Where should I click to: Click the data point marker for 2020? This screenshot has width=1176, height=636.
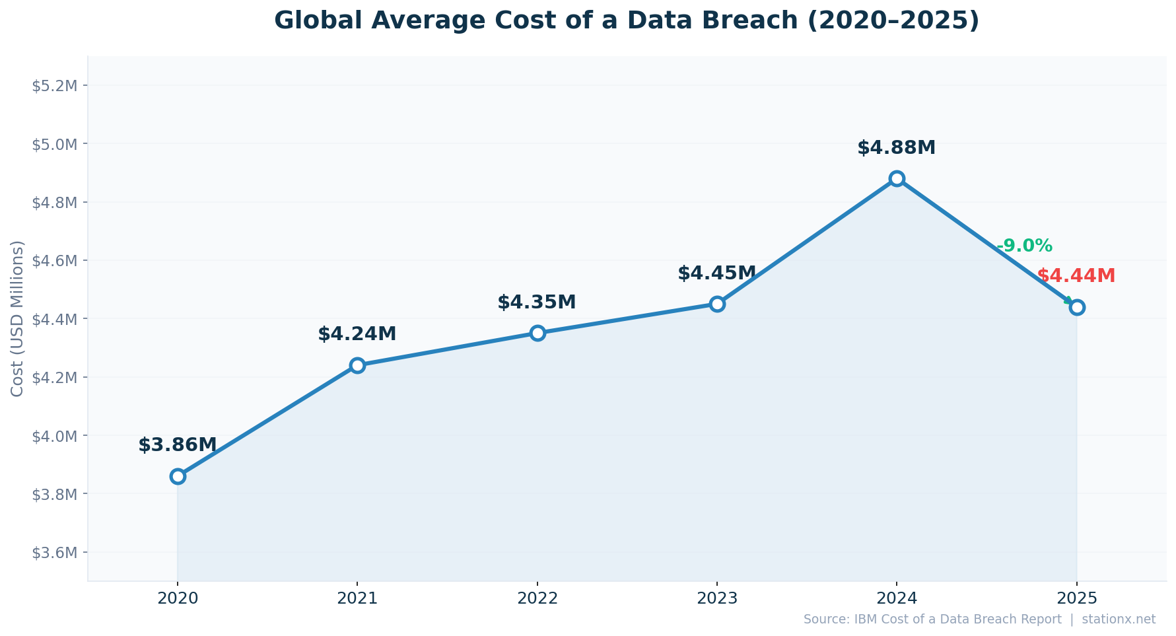[178, 476]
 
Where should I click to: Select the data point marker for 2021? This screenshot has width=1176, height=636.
[357, 365]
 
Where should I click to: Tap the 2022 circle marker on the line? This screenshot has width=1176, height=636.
[537, 333]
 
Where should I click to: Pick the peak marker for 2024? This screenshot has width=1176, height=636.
[897, 178]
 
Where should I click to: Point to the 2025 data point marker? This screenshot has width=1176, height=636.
[1077, 307]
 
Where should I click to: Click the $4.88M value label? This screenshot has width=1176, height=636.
[896, 148]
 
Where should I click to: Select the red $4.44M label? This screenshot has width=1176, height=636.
[1076, 276]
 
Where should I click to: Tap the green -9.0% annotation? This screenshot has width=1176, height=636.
[1024, 246]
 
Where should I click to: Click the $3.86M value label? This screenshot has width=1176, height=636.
[177, 445]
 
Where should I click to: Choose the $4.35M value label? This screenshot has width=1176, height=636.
[536, 302]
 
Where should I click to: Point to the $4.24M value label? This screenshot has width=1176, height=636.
[357, 334]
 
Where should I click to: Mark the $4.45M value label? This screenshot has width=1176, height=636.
[716, 273]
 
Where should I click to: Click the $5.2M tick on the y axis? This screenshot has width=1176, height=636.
[54, 86]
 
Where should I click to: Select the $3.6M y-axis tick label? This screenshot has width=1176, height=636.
[54, 553]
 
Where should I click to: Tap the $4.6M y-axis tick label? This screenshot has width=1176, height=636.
[54, 261]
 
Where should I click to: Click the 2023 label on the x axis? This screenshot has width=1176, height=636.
[717, 599]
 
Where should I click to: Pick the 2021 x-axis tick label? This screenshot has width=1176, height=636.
[357, 599]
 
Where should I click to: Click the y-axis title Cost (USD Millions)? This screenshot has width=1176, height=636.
[17, 318]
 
